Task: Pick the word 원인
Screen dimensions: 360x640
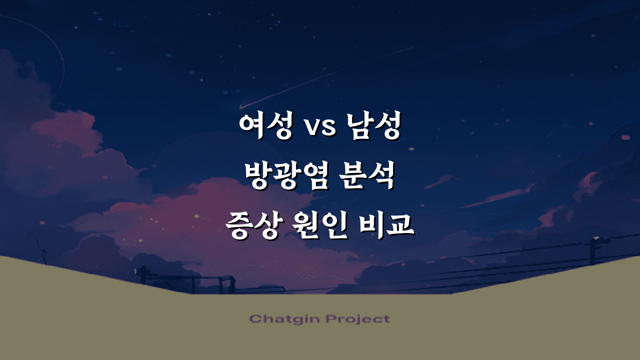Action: click(x=319, y=225)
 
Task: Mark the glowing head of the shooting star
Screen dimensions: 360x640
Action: click(x=242, y=106)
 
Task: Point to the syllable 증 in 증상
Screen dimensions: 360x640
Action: click(x=238, y=225)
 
